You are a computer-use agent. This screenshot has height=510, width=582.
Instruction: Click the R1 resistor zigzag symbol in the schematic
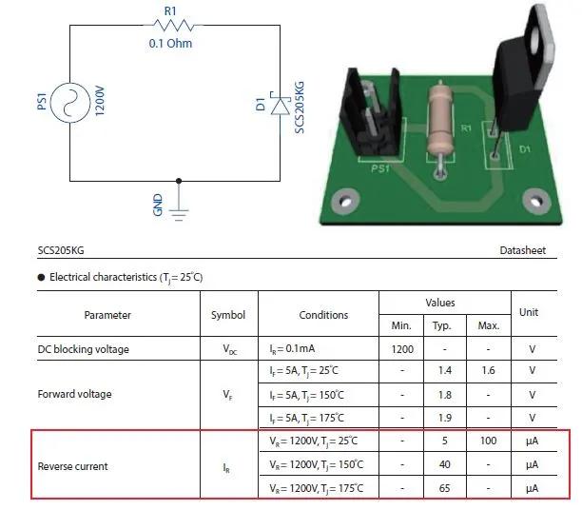tap(173, 26)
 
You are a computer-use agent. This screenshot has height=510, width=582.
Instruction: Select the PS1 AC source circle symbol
tap(70, 103)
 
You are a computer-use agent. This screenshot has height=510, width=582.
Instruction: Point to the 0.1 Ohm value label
tap(170, 44)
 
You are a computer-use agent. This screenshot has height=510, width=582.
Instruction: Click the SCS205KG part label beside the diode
tap(300, 108)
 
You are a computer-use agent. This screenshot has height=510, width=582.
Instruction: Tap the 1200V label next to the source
tap(100, 101)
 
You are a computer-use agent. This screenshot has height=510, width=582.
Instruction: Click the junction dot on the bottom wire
tap(179, 181)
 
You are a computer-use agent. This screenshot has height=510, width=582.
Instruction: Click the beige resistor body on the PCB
tap(440, 121)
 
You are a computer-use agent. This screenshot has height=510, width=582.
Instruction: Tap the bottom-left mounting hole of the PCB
tap(345, 202)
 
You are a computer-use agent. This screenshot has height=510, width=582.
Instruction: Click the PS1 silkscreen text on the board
tap(380, 169)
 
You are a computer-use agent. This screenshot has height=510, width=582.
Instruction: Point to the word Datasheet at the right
tap(523, 250)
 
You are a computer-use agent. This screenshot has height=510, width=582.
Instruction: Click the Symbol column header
tap(228, 315)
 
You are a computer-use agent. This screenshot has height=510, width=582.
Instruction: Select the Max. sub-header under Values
tap(489, 325)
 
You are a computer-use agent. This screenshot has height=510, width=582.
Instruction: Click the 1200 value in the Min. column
tap(402, 349)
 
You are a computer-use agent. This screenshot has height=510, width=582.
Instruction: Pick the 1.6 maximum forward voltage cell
tap(488, 370)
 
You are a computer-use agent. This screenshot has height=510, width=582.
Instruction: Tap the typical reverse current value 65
tap(445, 488)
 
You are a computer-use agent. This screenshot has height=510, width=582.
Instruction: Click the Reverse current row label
tap(72, 466)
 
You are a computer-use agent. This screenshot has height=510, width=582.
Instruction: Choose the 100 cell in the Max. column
tap(488, 441)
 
